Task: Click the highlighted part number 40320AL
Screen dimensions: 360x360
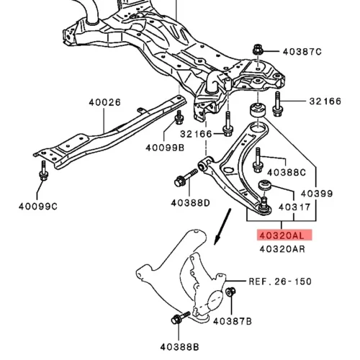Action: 282,235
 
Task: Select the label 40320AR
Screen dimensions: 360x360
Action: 282,249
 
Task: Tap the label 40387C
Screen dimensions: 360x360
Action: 302,52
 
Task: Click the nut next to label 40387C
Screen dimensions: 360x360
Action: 258,50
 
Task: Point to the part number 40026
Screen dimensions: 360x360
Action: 104,102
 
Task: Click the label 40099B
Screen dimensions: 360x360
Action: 165,148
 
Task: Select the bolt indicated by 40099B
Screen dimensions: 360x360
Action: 179,117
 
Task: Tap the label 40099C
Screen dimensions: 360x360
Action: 38,207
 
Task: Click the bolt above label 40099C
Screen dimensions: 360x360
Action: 43,171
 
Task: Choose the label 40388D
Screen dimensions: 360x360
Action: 190,203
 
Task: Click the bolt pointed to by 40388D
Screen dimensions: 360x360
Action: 186,178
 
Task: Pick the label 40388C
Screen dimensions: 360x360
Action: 287,172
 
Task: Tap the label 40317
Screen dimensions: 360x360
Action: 294,207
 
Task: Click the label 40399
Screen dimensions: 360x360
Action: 317,194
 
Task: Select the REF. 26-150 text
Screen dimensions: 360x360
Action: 280,282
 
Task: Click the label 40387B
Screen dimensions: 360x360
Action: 233,321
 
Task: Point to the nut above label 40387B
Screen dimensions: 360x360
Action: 230,292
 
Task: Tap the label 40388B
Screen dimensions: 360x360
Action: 179,347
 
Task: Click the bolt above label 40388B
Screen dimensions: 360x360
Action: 181,318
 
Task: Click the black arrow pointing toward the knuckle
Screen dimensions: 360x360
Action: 223,227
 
